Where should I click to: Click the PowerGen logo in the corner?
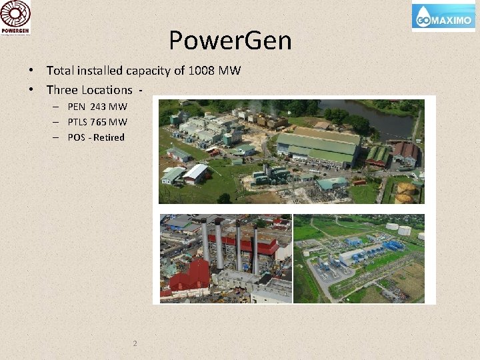(x=16, y=17)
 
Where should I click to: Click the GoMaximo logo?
(x=443, y=17)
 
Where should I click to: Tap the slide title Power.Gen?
(x=230, y=41)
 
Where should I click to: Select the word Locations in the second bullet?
(x=107, y=89)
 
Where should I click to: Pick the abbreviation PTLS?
(x=78, y=122)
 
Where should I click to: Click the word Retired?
(x=109, y=137)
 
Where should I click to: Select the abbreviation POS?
(x=77, y=137)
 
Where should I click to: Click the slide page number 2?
(x=135, y=343)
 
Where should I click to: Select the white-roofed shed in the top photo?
(x=195, y=173)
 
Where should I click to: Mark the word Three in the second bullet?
(x=62, y=89)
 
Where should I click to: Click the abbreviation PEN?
(x=77, y=107)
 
